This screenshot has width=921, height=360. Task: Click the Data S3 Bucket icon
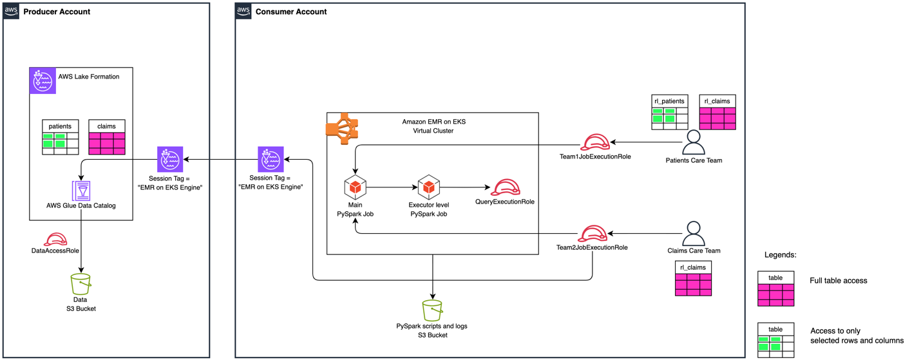[81, 283]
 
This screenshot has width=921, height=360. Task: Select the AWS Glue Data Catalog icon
[81, 191]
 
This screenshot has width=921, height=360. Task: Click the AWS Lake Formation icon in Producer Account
[43, 81]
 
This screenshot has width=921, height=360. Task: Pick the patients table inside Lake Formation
[60, 137]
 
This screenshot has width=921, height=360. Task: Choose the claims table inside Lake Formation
[106, 137]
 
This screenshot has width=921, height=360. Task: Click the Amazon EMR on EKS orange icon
[342, 128]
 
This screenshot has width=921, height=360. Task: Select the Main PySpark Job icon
[355, 187]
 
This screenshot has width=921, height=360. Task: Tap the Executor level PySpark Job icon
[429, 187]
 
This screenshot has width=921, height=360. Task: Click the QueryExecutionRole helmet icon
[505, 187]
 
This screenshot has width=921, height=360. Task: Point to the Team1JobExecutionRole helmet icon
[595, 142]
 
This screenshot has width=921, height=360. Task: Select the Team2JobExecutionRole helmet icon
[592, 233]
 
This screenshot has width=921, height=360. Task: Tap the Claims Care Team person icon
[693, 233]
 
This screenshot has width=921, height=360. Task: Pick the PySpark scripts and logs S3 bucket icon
[432, 310]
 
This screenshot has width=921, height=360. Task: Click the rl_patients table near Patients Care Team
[670, 112]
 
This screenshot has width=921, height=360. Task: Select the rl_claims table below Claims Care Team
[693, 278]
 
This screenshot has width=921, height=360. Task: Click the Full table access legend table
[775, 289]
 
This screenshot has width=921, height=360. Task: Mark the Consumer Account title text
[290, 12]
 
